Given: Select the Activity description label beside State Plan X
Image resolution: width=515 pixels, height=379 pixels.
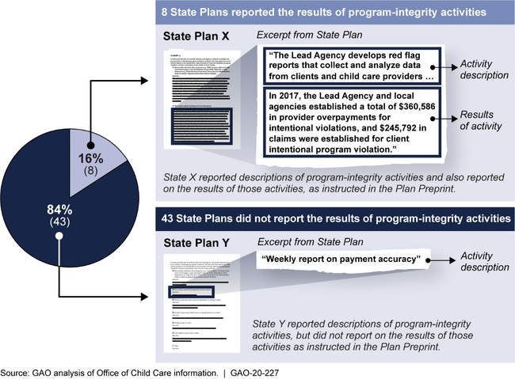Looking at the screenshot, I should pyautogui.click(x=484, y=70).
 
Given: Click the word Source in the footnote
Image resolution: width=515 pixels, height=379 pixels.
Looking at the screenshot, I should pyautogui.click(x=16, y=371).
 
